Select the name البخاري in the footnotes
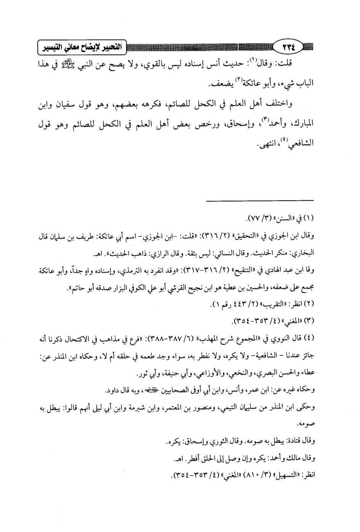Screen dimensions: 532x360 click(301, 253)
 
